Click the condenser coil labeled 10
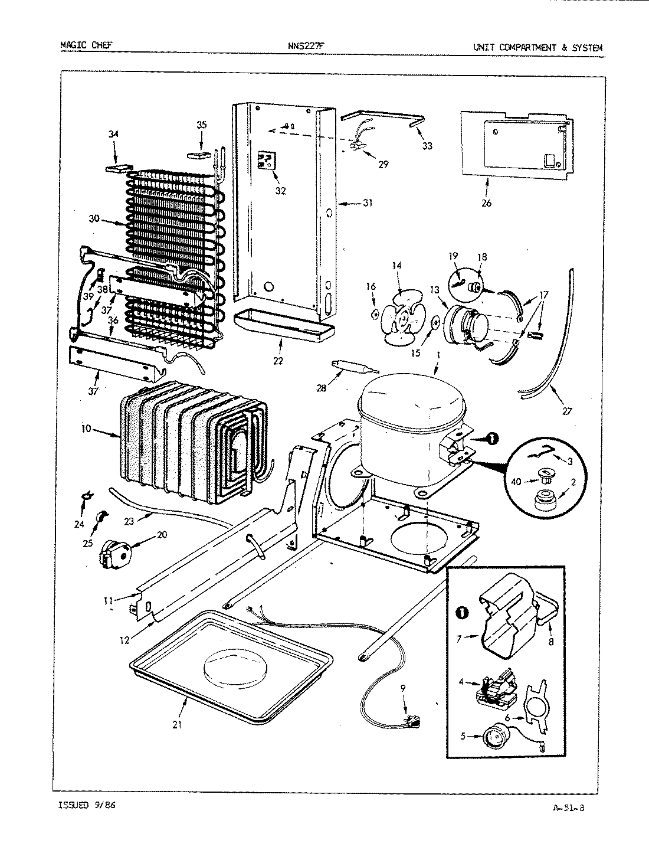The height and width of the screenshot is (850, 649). tap(192, 437)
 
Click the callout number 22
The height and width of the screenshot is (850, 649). tap(278, 360)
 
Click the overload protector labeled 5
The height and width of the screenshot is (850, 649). tap(491, 736)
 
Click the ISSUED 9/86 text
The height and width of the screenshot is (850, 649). tap(87, 804)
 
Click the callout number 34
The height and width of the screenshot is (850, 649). tap(113, 134)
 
